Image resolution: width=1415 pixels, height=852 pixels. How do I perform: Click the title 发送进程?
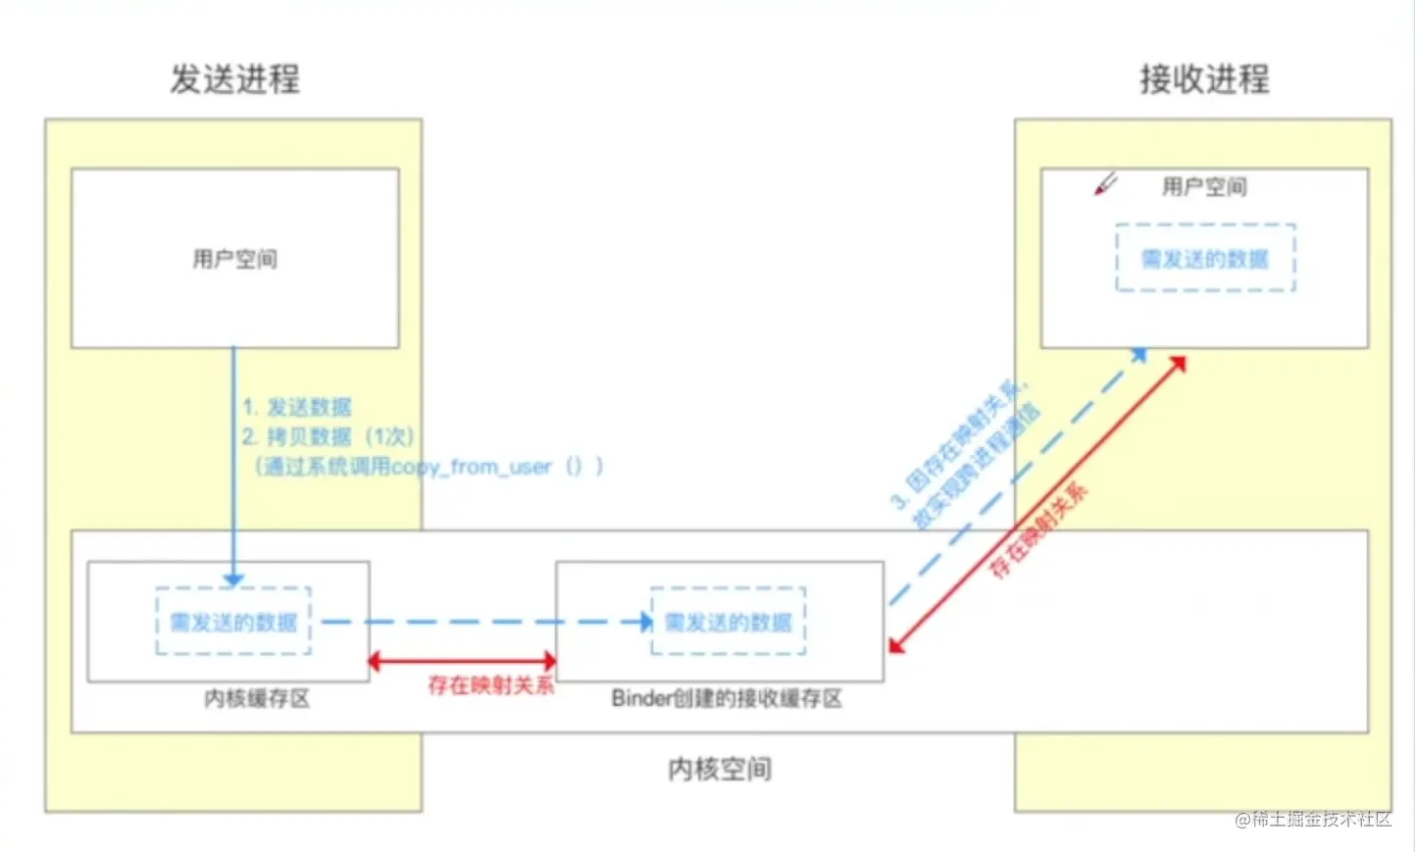point(234,79)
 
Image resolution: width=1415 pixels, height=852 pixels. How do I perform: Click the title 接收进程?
point(1203,79)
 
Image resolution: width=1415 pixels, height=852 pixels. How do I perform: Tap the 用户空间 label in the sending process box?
point(234,259)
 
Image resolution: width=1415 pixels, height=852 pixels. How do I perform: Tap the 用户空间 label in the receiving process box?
point(1203,186)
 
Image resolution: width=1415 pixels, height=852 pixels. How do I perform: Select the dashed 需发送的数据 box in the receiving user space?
point(1205,258)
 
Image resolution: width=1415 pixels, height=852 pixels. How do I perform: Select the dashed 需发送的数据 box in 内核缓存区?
point(233,622)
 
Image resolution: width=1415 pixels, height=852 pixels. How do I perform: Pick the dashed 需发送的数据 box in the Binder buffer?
point(728,622)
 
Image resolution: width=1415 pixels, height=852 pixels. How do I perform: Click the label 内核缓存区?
point(257,698)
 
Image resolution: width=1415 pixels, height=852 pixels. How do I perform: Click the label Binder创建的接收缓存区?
point(727,698)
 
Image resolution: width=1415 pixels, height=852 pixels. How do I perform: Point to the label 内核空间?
point(719,769)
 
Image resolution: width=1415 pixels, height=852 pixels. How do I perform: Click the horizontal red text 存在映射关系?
point(490,685)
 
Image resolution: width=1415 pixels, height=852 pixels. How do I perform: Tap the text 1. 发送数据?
point(297,407)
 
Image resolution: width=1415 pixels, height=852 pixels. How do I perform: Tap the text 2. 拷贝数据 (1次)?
point(328,436)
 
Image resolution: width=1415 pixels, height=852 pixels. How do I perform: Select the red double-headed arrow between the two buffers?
point(462,662)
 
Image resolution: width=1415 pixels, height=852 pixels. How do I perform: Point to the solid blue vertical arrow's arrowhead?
point(233,579)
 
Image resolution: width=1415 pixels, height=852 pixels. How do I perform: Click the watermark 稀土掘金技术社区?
point(1313,820)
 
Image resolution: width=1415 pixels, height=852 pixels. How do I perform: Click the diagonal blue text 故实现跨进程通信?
point(976,469)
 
